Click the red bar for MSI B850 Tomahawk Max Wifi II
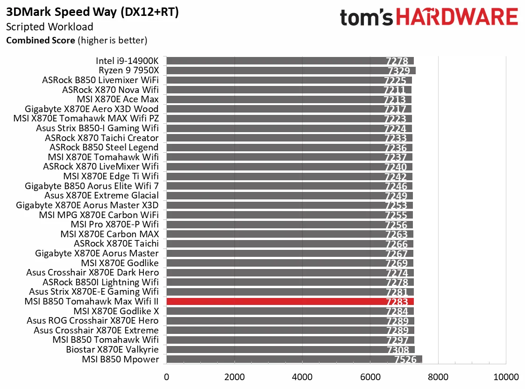pyautogui.click(x=290, y=302)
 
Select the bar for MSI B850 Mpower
pyautogui.click(x=294, y=359)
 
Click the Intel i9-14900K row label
pyautogui.click(x=127, y=61)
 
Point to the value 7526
pyautogui.click(x=405, y=360)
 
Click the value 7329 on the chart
pyautogui.click(x=399, y=71)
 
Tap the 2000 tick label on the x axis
pyautogui.click(x=234, y=377)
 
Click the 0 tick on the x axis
pyautogui.click(x=166, y=377)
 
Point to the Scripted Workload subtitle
pyautogui.click(x=50, y=27)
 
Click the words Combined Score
pyautogui.click(x=40, y=41)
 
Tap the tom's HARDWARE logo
pyautogui.click(x=429, y=18)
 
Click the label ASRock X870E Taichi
pyautogui.click(x=116, y=244)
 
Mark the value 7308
pyautogui.click(x=397, y=350)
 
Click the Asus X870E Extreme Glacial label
pyautogui.click(x=101, y=196)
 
